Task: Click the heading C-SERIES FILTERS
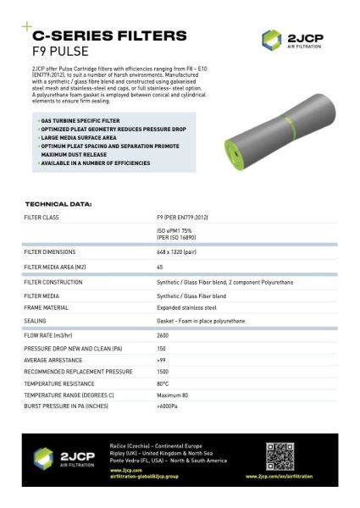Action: [x=108, y=36]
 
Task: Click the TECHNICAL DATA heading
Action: [x=58, y=204]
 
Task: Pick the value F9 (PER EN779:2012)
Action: [x=182, y=218]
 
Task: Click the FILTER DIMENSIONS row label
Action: [x=50, y=251]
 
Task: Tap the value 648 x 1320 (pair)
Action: [x=180, y=251]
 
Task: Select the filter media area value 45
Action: [x=160, y=267]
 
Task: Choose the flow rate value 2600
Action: [x=163, y=335]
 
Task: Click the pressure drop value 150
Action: [x=161, y=348]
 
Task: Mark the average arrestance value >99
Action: [x=161, y=360]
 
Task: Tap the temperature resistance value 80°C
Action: [x=163, y=384]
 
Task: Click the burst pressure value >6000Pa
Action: [x=168, y=407]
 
